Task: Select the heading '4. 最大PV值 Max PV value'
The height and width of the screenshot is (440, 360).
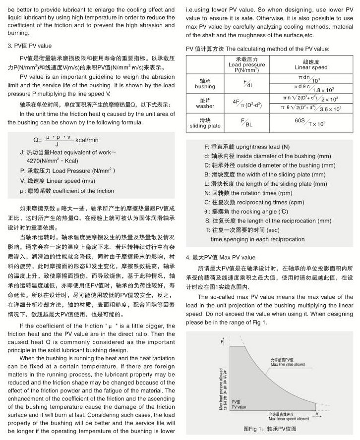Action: (x=220, y=257)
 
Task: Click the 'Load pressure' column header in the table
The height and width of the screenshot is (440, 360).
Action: (x=246, y=65)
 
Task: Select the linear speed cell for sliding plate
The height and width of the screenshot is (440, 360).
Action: (x=311, y=122)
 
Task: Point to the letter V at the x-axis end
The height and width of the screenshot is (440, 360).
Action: (x=316, y=412)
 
